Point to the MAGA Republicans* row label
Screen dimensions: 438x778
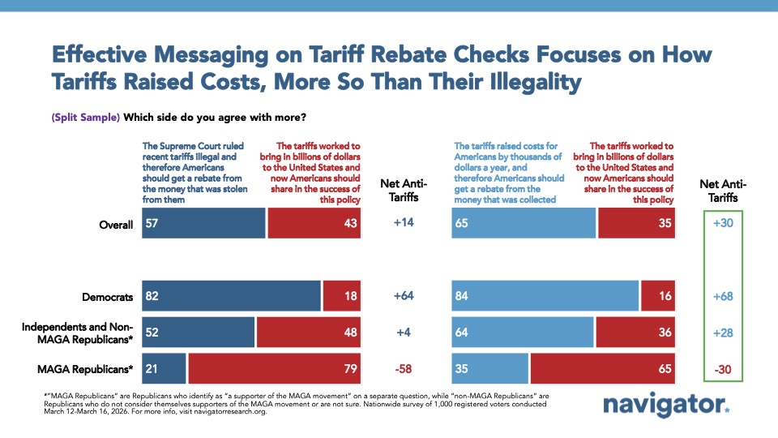[85, 369]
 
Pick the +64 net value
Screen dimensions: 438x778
[404, 297]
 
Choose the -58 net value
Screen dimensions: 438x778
[404, 369]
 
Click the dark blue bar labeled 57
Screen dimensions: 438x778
[203, 224]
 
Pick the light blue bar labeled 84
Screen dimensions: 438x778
[545, 297]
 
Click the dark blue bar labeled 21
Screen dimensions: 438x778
[164, 369]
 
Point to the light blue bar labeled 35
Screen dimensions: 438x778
[489, 369]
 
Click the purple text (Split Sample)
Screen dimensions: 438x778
[86, 117]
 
